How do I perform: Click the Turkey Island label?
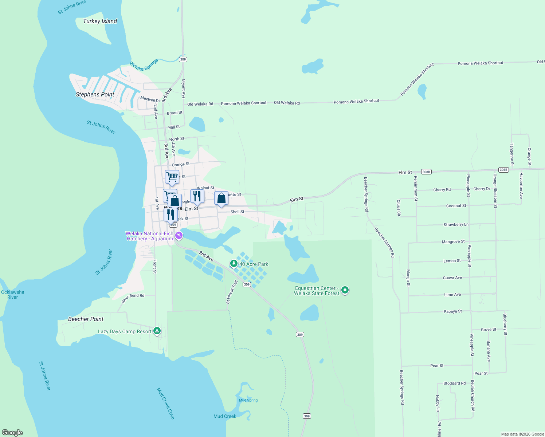(100, 21)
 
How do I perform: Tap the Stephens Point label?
(95, 94)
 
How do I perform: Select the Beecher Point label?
(86, 319)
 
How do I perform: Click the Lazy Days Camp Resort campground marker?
(157, 331)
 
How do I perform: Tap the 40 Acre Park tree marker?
(234, 263)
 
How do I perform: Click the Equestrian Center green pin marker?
(345, 290)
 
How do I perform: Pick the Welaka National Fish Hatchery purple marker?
(179, 235)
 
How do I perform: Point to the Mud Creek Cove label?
(166, 403)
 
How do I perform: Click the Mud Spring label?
(248, 400)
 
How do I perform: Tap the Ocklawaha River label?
(13, 295)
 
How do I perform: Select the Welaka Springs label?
(144, 64)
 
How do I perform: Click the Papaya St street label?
(452, 311)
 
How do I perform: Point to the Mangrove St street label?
(453, 241)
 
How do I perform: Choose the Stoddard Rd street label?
(454, 383)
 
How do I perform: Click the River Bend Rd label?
(133, 298)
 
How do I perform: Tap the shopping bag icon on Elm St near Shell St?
(221, 198)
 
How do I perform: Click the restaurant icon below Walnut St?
(197, 196)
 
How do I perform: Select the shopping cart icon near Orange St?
(172, 177)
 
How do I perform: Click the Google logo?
(12, 432)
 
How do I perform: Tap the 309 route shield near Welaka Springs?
(183, 59)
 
